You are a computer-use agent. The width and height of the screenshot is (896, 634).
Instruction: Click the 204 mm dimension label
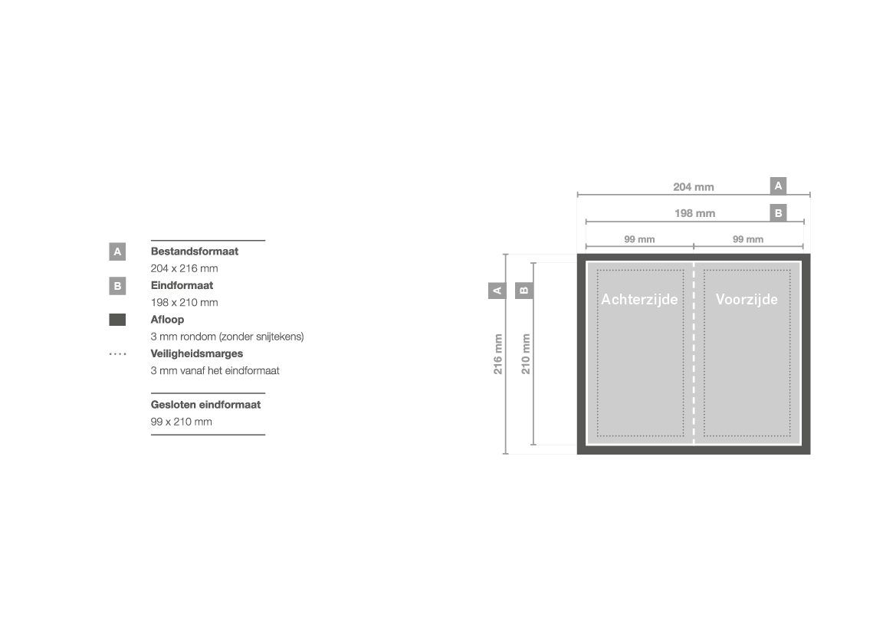pyautogui.click(x=693, y=187)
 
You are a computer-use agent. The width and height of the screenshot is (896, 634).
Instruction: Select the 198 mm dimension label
pyautogui.click(x=694, y=213)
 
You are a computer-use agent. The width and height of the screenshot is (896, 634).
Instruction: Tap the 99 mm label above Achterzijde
pyautogui.click(x=639, y=239)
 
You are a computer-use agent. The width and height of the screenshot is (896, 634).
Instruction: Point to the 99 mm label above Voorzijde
pyautogui.click(x=748, y=239)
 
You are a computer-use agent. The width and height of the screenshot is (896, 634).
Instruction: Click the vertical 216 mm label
pyautogui.click(x=497, y=354)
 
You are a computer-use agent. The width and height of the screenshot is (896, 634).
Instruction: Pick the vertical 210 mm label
pyautogui.click(x=526, y=354)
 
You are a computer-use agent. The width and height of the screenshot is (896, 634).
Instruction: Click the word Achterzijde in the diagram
pyautogui.click(x=639, y=299)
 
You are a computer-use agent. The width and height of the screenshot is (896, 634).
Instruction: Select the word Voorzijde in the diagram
pyautogui.click(x=747, y=299)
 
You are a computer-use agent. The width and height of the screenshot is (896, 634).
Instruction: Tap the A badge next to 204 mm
pyautogui.click(x=778, y=186)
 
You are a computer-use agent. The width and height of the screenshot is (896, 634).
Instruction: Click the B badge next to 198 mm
pyautogui.click(x=778, y=212)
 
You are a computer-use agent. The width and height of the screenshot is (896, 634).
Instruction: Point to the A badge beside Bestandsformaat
pyautogui.click(x=117, y=251)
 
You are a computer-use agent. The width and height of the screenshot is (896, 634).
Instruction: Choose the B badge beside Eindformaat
pyautogui.click(x=117, y=286)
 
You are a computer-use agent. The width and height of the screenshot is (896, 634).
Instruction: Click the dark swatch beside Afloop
pyautogui.click(x=117, y=320)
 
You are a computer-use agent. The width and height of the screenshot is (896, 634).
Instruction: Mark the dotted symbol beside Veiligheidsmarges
pyautogui.click(x=118, y=354)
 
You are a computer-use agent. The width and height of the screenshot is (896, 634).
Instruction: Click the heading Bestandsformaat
pyautogui.click(x=194, y=251)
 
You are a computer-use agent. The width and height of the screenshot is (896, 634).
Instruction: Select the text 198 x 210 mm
pyautogui.click(x=184, y=302)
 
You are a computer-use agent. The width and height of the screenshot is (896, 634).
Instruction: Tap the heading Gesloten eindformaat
pyautogui.click(x=205, y=405)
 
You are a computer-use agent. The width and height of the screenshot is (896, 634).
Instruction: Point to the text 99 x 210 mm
pyautogui.click(x=181, y=422)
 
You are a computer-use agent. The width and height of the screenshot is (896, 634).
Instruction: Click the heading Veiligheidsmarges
pyautogui.click(x=196, y=354)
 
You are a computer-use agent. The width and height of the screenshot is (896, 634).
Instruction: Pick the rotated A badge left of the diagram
pyautogui.click(x=497, y=291)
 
